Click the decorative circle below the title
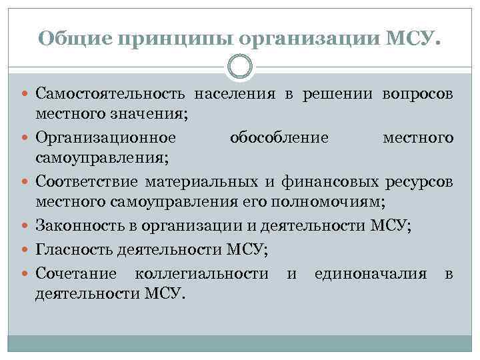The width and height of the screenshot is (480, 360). [240, 67]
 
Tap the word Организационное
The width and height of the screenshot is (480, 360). [106, 138]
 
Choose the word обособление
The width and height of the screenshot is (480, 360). [279, 138]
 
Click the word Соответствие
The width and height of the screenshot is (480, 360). [87, 181]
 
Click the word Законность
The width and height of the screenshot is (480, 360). [78, 225]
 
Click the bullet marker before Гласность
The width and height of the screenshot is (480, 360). [27, 249]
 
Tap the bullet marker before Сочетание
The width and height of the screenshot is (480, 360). [27, 273]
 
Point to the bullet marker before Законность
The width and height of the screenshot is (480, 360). [27, 225]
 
